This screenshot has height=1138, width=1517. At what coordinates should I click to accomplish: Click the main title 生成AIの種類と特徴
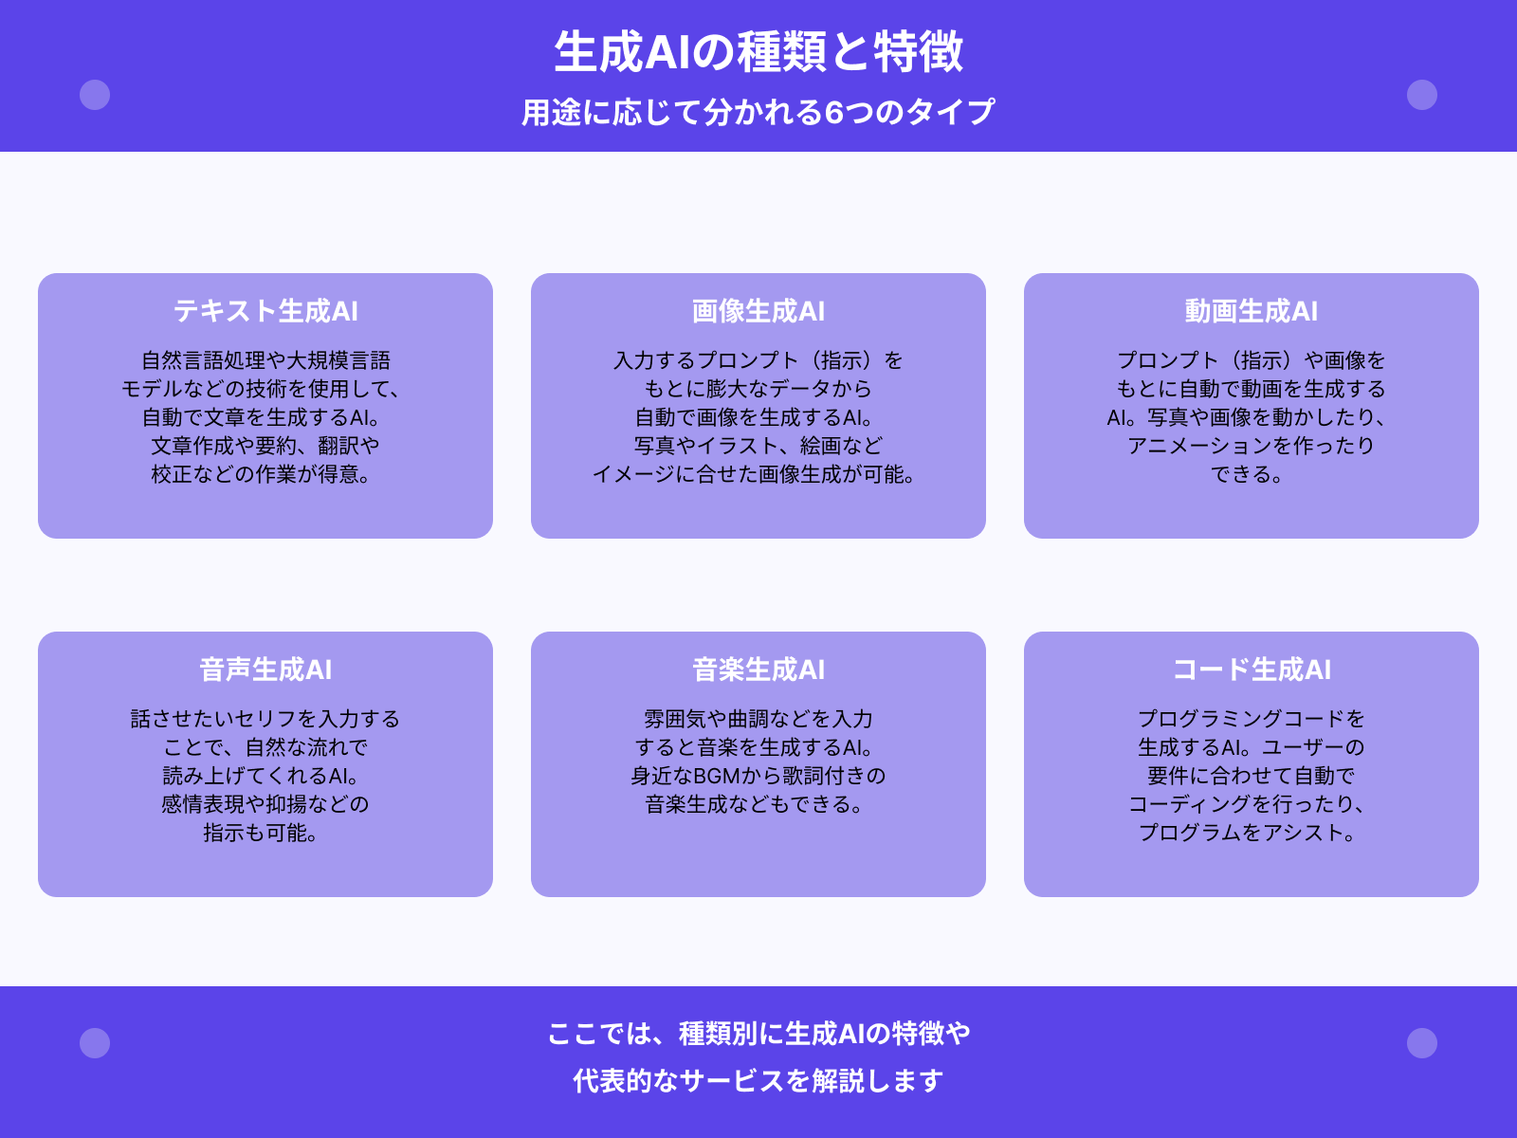click(x=758, y=52)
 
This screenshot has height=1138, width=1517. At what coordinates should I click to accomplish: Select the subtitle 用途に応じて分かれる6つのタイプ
click(x=758, y=112)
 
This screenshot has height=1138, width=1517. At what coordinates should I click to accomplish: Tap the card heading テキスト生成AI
click(x=265, y=311)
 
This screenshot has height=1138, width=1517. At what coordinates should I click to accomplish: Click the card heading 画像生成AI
click(x=758, y=311)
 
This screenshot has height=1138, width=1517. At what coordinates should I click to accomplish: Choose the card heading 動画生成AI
click(x=1252, y=311)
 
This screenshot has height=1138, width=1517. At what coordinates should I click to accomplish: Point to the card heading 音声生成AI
click(x=265, y=670)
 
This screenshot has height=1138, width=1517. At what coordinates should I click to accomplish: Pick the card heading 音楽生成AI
click(x=758, y=670)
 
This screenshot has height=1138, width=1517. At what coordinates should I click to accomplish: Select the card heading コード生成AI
click(x=1252, y=670)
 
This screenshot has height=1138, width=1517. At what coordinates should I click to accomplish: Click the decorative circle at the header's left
click(x=95, y=95)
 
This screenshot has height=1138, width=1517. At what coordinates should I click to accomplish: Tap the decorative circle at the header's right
click(x=1422, y=95)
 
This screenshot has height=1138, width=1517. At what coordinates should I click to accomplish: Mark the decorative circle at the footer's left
click(x=95, y=1043)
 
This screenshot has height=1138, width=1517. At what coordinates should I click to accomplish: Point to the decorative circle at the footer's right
click(x=1422, y=1043)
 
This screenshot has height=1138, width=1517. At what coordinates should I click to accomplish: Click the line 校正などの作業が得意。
click(x=262, y=474)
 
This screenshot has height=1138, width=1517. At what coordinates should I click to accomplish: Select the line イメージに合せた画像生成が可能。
click(x=755, y=474)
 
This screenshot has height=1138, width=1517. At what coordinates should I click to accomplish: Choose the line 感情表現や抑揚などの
click(x=265, y=804)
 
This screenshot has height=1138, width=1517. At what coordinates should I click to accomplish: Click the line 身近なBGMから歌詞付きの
click(x=758, y=776)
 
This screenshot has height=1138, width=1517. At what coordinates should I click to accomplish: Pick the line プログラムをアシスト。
click(x=1248, y=833)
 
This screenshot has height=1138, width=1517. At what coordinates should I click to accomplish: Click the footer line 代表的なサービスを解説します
click(x=758, y=1080)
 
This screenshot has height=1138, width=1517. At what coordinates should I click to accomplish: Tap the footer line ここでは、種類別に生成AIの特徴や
click(x=758, y=1033)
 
